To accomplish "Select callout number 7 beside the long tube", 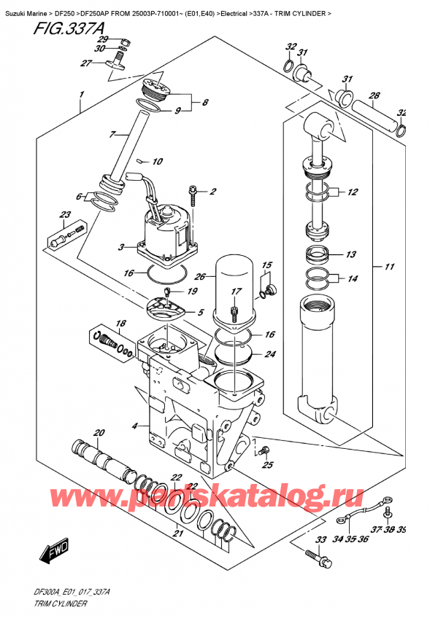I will coord(112,134).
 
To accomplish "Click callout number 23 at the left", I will coord(65,214).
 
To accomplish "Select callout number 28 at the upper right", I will coord(374,95).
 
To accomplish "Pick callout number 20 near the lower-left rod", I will coord(99,431).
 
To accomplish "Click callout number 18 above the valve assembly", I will coord(121,323).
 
